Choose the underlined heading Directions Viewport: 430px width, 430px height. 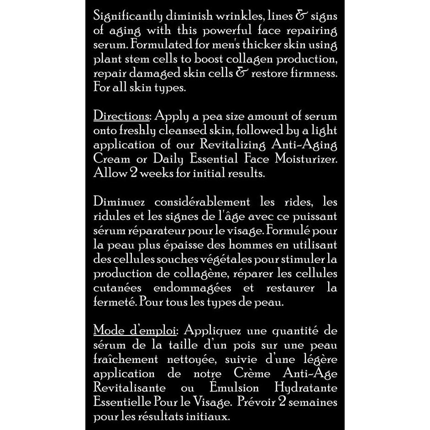(x=121, y=116)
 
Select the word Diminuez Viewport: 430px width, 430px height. (x=120, y=202)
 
